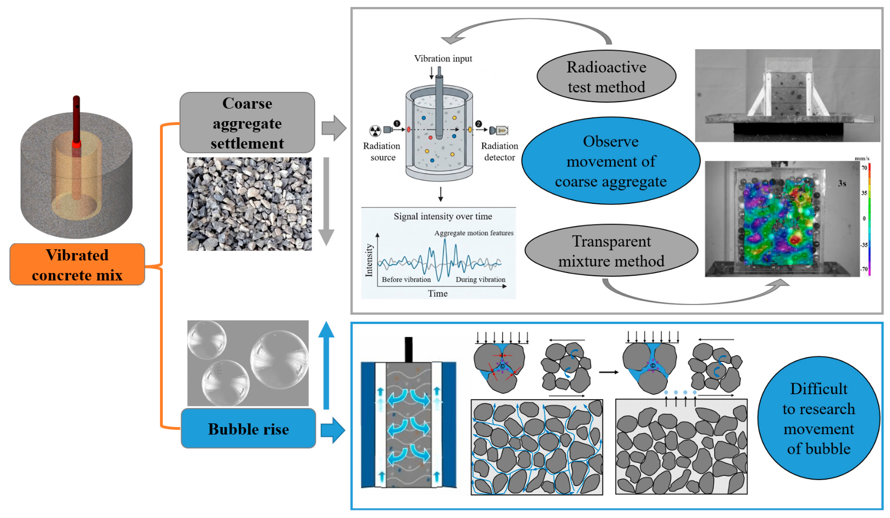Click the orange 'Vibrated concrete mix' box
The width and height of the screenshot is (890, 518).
[77, 264]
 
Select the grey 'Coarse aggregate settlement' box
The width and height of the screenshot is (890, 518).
[247, 123]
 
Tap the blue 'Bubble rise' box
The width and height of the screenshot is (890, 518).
[248, 429]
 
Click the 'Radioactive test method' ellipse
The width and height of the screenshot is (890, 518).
[606, 77]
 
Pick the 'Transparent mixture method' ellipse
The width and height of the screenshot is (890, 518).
[612, 251]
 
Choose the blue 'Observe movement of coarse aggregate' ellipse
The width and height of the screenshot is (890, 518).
[610, 161]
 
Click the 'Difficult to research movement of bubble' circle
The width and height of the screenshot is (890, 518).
[819, 418]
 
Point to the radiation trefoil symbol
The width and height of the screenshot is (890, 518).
[375, 130]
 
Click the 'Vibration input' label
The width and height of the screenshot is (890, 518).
[443, 58]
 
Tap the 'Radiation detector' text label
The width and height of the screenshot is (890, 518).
[500, 151]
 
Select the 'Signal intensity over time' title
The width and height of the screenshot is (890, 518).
[443, 216]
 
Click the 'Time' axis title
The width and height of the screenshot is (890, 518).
[437, 293]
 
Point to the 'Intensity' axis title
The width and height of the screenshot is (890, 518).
[369, 260]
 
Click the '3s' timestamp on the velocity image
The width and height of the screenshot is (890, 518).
[842, 183]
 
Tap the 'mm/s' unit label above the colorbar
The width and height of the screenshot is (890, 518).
[862, 158]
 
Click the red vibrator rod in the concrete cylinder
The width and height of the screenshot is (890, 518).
[76, 122]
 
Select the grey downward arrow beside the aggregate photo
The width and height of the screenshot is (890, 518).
[326, 201]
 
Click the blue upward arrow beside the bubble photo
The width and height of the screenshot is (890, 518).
[326, 365]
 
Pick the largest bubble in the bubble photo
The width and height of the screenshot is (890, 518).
[280, 359]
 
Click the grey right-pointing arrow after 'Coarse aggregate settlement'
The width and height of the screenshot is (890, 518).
[334, 128]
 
